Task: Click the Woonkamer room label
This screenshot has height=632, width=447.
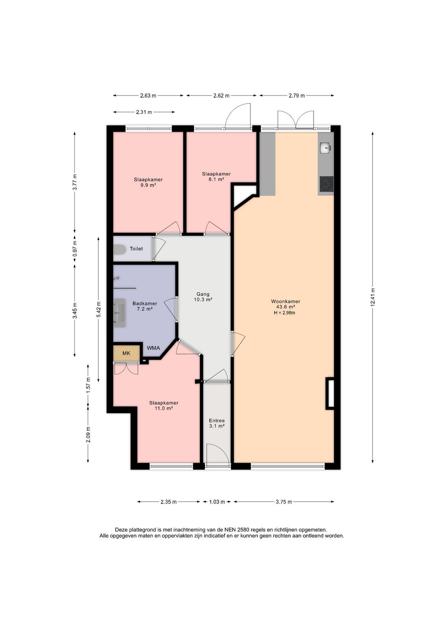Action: (x=285, y=301)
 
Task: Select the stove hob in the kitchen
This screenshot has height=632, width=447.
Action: (x=327, y=184)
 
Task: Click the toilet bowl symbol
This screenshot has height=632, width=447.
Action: (x=119, y=250)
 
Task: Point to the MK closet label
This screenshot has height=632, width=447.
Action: (x=126, y=353)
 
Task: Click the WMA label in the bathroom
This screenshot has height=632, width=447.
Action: (x=154, y=348)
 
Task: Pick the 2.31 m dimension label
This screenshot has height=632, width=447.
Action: (x=144, y=112)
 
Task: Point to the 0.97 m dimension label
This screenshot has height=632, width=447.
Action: (x=75, y=248)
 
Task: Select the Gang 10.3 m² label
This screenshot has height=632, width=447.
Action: (x=203, y=297)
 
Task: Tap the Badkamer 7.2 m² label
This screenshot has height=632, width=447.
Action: (x=145, y=306)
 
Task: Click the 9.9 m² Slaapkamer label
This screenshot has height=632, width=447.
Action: (x=148, y=182)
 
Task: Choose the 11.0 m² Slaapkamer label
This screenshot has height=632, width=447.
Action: (x=163, y=405)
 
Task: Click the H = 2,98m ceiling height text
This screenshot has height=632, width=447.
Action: (x=285, y=312)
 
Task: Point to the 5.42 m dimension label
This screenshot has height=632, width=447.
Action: (x=98, y=309)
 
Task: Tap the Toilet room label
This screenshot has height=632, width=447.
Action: (x=136, y=248)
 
